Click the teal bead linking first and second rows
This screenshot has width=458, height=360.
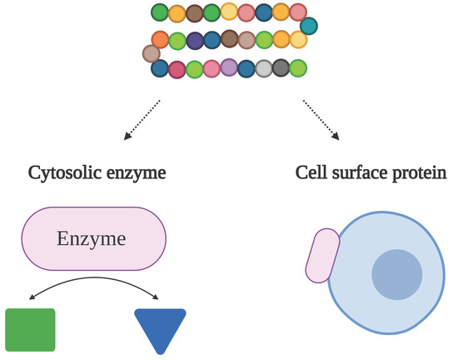pyautogui.click(x=308, y=26)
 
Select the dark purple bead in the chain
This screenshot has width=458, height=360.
pyautogui.click(x=195, y=40)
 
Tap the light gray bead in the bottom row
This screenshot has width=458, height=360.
pyautogui.click(x=264, y=68)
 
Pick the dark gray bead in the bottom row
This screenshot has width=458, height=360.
pyautogui.click(x=281, y=68)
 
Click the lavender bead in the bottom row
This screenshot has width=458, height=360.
pyautogui.click(x=230, y=68)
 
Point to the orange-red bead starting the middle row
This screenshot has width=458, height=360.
pyautogui.click(x=160, y=39)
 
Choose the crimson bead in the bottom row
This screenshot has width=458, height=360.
pyautogui.click(x=177, y=69)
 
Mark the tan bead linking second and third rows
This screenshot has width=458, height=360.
pyautogui.click(x=151, y=53)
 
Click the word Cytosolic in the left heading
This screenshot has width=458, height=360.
pyautogui.click(x=64, y=173)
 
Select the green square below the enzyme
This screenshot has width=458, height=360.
pyautogui.click(x=30, y=330)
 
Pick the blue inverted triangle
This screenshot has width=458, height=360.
pyautogui.click(x=159, y=328)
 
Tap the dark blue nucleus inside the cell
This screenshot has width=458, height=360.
pyautogui.click(x=396, y=274)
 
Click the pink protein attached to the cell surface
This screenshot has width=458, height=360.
pyautogui.click(x=321, y=255)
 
